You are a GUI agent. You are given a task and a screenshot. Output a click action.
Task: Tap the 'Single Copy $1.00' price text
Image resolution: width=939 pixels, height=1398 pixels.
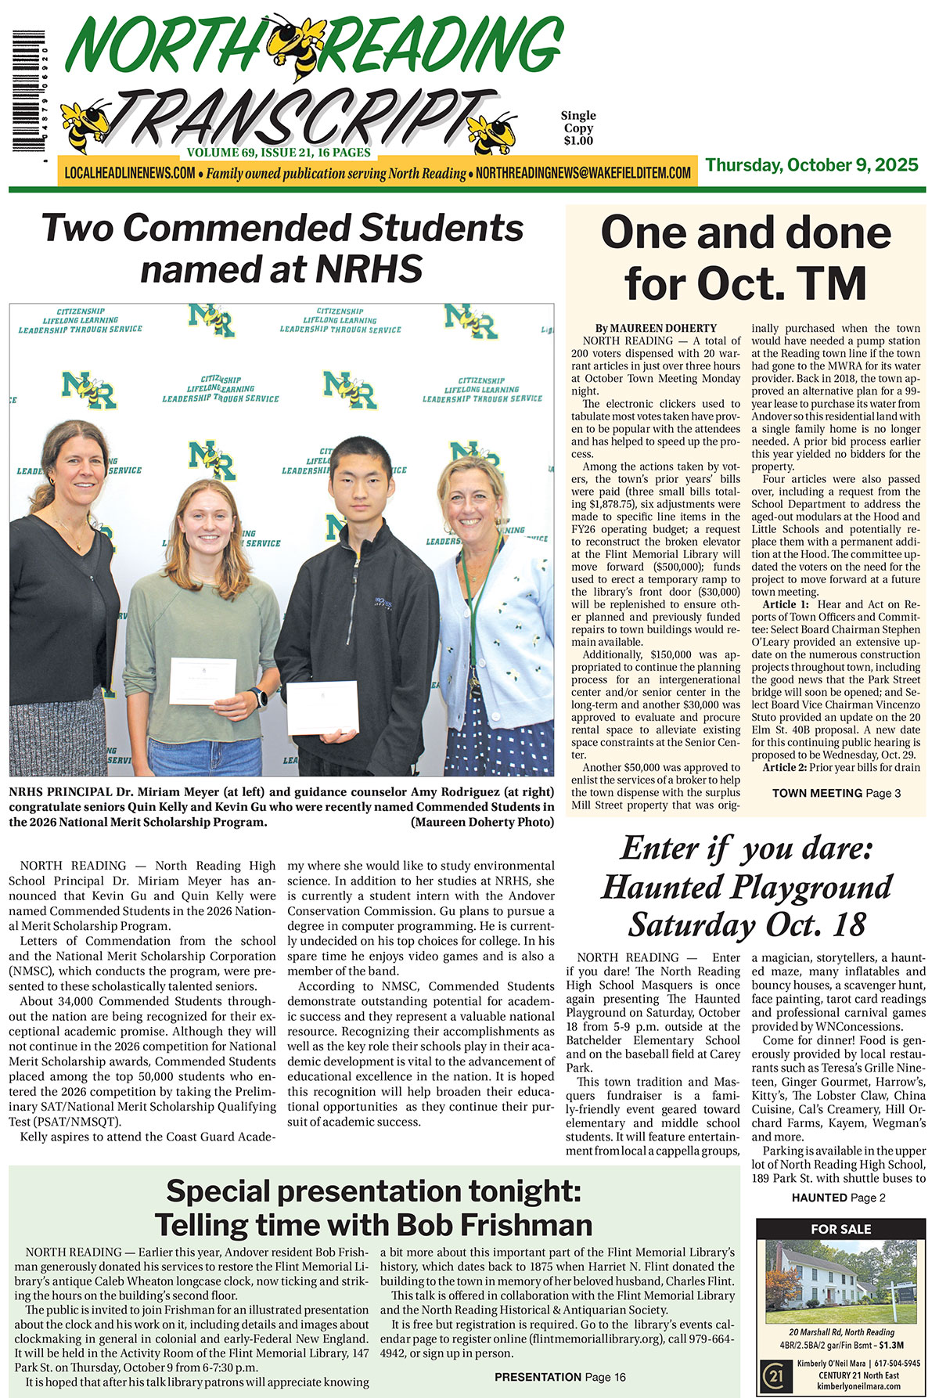pyautogui.click(x=578, y=128)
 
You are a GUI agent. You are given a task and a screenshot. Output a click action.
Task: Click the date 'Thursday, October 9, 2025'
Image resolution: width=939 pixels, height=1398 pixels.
pyautogui.click(x=811, y=165)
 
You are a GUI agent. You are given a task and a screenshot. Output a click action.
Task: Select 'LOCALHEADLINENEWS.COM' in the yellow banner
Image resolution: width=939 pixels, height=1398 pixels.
pyautogui.click(x=130, y=173)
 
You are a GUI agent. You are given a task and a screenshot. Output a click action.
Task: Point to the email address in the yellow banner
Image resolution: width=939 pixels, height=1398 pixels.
pyautogui.click(x=583, y=173)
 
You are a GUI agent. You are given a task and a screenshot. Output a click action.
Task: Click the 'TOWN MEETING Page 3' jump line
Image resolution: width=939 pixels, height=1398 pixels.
pyautogui.click(x=836, y=793)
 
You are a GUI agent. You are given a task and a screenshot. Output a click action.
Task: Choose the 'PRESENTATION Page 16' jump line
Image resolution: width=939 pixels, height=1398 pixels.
pyautogui.click(x=559, y=1377)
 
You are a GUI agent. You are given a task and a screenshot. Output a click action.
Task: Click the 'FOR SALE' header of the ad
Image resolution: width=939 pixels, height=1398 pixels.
pyautogui.click(x=840, y=1229)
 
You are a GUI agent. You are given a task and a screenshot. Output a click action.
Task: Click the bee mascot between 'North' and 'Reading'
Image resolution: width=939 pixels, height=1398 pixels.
pyautogui.click(x=301, y=45)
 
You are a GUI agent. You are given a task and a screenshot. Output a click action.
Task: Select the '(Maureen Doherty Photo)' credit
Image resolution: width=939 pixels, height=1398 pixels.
pyautogui.click(x=482, y=822)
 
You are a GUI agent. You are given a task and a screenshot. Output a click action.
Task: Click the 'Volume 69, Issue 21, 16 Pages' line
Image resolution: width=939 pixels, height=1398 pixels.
pyautogui.click(x=279, y=153)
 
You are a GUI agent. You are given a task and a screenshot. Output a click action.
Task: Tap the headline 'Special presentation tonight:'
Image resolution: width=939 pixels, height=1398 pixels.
pyautogui.click(x=373, y=1191)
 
